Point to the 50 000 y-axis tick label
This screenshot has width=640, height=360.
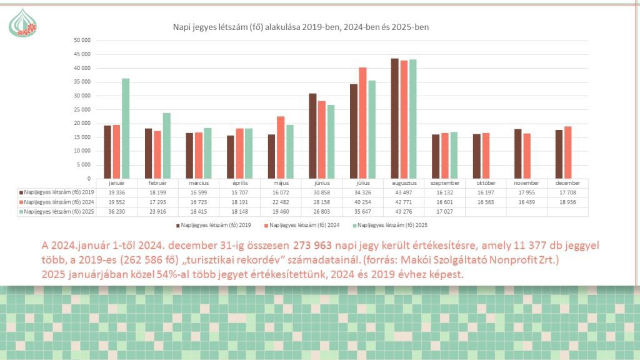pyautogui.click(x=82, y=40)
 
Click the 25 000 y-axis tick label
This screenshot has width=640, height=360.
pyautogui.click(x=82, y=109)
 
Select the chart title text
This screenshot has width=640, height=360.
pyautogui.click(x=301, y=28)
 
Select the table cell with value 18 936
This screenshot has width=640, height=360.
pyautogui.click(x=567, y=202)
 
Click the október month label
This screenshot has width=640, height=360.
pyautogui.click(x=485, y=183)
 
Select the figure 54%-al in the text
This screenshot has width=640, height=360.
pyautogui.click(x=186, y=274)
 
